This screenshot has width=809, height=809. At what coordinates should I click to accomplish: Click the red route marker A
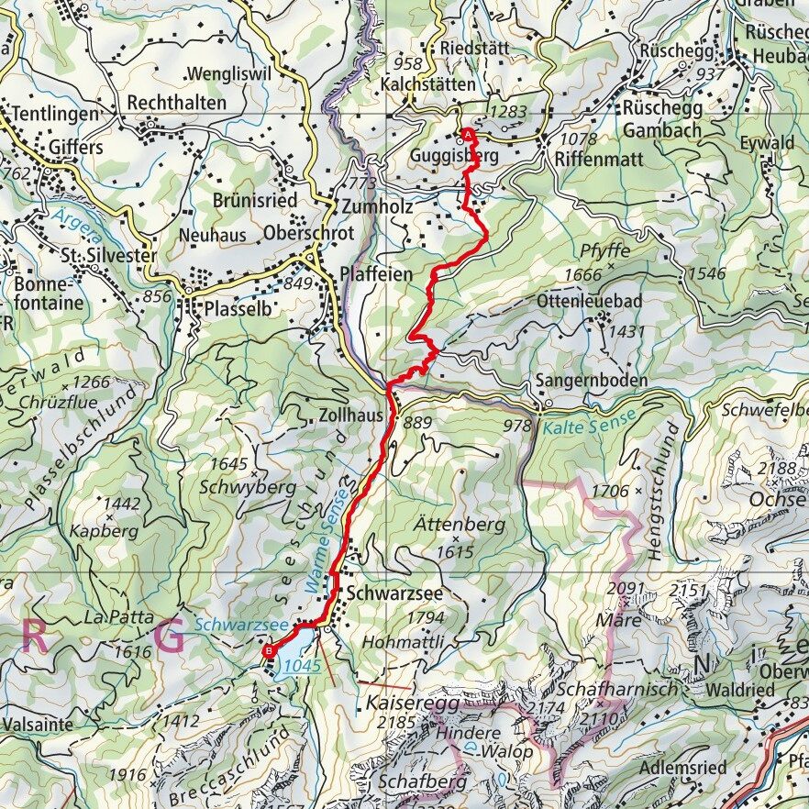[x=469, y=134]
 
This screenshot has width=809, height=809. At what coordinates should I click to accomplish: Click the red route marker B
[x=269, y=651]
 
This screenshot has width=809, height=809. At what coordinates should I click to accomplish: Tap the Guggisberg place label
[x=455, y=157]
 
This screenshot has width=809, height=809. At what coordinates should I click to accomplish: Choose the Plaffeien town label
[x=376, y=274]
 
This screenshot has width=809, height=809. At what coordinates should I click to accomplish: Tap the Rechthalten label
[x=176, y=103]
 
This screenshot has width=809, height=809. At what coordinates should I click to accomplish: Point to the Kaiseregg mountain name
[x=404, y=705]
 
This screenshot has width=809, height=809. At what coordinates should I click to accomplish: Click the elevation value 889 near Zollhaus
[x=417, y=423]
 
